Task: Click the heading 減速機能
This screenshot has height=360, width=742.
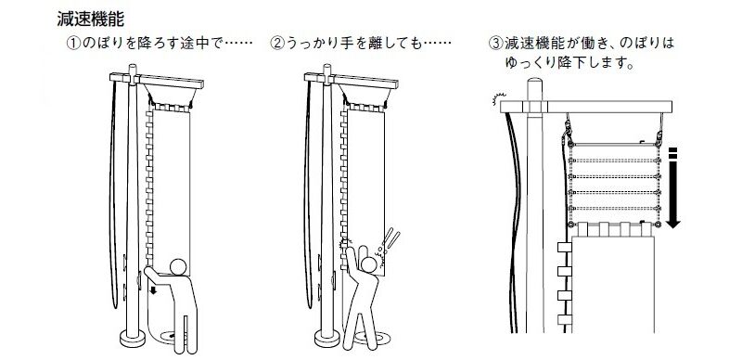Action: click(x=91, y=19)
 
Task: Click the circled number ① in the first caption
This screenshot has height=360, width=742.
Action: click(x=74, y=44)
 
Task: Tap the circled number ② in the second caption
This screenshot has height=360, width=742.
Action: click(x=276, y=44)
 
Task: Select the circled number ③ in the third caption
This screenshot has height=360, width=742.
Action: click(x=495, y=44)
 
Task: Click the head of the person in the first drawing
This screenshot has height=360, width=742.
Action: click(x=178, y=266)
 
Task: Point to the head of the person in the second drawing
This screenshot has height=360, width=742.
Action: click(x=368, y=264)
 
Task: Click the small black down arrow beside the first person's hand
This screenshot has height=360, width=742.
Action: click(x=153, y=289)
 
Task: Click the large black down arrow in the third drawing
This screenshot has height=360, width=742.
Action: click(x=673, y=188)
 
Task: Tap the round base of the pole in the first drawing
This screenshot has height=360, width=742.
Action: click(x=133, y=338)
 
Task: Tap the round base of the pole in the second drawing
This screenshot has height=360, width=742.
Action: click(x=327, y=338)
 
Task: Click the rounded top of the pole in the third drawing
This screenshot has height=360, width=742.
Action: click(x=535, y=84)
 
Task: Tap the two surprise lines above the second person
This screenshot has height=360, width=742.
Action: click(x=392, y=238)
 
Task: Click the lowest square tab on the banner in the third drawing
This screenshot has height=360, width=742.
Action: click(x=565, y=319)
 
